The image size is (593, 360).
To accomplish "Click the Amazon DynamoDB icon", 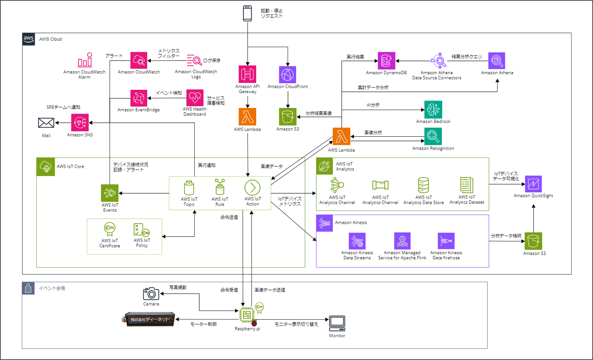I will coord(386,61).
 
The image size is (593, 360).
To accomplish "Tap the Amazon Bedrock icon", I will coord(433,110).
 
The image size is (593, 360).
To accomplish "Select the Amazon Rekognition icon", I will coord(433,136).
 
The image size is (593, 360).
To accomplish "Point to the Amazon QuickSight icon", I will coord(533,184).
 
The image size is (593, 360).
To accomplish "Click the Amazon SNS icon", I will coord(80,123).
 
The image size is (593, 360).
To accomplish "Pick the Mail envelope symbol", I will coord(46,123).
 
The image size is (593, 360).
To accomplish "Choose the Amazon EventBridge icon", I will coord(139,98).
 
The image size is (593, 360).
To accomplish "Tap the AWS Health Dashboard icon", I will coord(195,98).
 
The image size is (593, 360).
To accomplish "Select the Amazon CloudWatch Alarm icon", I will coord(85,60).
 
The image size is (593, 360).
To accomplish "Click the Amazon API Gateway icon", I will coord(247,74).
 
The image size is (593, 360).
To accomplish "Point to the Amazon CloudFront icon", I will coord(287,75).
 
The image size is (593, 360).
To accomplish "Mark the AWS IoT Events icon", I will coord(110,193).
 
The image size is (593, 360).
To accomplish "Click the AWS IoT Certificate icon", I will coord(110,229).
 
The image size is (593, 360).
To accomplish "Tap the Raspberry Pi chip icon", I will coord(247,315).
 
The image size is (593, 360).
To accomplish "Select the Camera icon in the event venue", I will coord(151,294).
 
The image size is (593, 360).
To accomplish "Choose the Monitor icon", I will coord(337,323).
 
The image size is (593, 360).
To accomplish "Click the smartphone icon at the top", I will coord(247,13).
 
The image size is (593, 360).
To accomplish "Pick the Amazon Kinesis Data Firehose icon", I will coord(446,241).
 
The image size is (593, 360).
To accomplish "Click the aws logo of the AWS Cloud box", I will coord(28,39).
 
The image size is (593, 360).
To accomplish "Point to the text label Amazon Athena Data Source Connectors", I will coord(437,75).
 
